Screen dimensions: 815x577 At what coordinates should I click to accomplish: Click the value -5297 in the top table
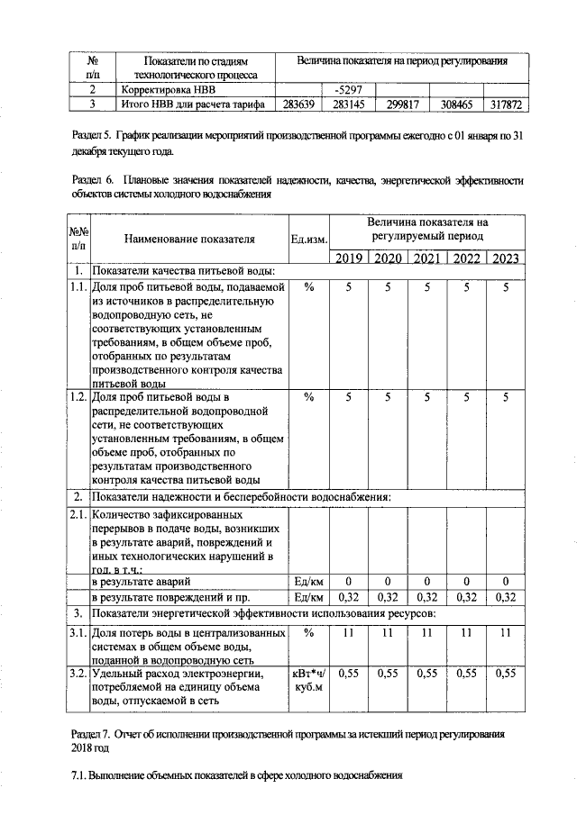point(347,90)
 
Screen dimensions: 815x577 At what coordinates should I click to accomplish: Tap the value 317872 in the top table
point(505,104)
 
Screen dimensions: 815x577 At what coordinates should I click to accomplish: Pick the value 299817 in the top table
point(401,104)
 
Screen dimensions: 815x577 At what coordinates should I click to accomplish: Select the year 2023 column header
point(506,258)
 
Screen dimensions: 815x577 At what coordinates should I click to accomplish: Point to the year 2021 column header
point(427,258)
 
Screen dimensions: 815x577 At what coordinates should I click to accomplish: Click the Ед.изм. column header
point(308,240)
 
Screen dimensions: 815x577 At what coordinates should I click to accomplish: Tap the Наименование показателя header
point(189,240)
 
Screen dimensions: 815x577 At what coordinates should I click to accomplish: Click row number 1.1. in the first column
point(78,287)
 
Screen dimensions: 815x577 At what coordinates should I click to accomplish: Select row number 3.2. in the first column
point(78,673)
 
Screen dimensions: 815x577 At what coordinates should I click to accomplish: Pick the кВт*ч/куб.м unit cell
point(308,680)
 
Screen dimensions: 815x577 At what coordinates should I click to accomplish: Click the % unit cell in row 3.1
point(308,634)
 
